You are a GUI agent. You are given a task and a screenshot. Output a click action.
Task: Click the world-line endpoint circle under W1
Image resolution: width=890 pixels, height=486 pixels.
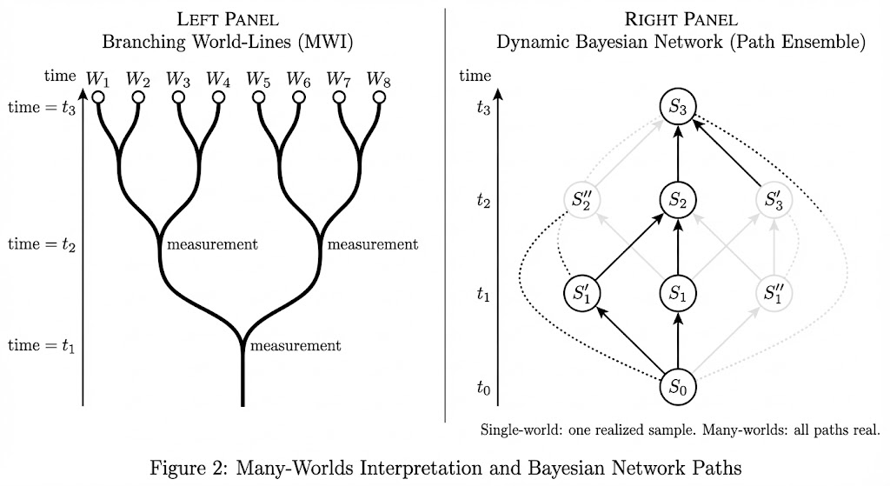pos(98,97)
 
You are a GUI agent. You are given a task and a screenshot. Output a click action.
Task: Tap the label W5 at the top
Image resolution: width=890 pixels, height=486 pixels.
pos(258,78)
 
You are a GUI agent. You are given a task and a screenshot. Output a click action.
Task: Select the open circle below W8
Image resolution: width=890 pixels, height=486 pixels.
pos(378,97)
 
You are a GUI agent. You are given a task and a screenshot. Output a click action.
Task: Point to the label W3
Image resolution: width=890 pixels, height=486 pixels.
pos(178,78)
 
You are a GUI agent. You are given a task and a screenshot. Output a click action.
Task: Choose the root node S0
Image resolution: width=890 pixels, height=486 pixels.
pos(678,387)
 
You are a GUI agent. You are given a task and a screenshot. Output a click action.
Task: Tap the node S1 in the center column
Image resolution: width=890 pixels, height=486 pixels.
pos(678,294)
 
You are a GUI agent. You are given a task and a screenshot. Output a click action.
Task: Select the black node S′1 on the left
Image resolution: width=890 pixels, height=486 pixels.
pos(581,294)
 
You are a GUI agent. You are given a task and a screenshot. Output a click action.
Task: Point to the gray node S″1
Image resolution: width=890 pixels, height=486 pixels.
pos(775,294)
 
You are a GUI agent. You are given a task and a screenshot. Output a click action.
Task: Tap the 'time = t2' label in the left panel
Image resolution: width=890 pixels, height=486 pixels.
pos(42,244)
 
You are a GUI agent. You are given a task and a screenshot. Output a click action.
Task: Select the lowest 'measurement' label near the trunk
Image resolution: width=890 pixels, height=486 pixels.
pos(296,346)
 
